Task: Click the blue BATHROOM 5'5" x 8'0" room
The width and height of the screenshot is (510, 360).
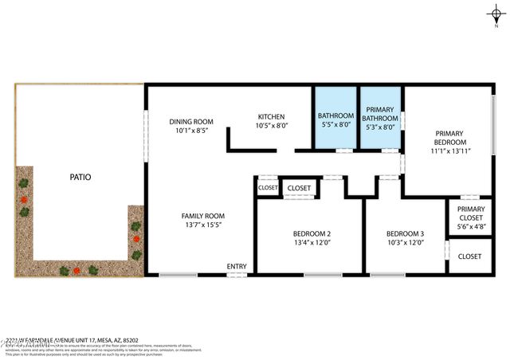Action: pos(335,117)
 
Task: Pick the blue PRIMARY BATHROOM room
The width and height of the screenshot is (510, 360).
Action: pos(381,117)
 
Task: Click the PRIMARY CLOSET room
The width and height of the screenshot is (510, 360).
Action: pos(470,216)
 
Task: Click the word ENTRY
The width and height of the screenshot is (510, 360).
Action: pos(237,266)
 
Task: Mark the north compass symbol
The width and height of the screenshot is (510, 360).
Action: pos(495,14)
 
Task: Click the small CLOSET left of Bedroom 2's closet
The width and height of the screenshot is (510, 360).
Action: pos(266,188)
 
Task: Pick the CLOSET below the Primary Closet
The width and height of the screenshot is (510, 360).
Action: pos(470,256)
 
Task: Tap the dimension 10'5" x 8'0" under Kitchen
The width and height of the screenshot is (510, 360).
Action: pos(271,126)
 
